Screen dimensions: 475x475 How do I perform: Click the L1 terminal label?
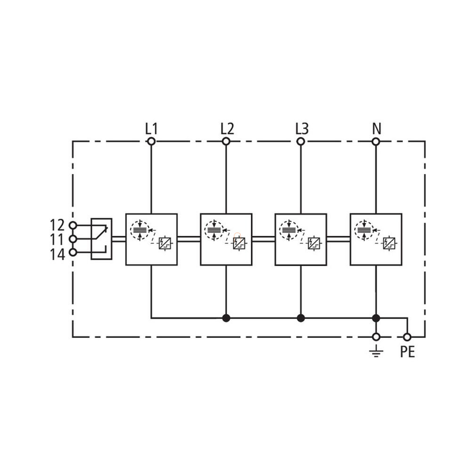click(151, 129)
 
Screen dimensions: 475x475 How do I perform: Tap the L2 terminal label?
click(227, 129)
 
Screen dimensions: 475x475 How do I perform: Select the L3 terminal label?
click(301, 129)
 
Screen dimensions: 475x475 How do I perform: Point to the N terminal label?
click(376, 129)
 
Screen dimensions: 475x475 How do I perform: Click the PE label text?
click(407, 352)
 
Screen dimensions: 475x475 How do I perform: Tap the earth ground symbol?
click(376, 351)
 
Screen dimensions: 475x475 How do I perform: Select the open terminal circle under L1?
click(151, 142)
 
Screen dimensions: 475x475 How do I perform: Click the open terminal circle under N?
click(376, 142)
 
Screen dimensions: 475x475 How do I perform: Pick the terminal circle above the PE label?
click(407, 337)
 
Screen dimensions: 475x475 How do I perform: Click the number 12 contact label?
click(58, 225)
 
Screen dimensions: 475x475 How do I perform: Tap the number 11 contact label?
click(58, 240)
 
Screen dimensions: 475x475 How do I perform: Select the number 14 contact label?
click(58, 254)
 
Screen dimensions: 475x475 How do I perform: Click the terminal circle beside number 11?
click(73, 239)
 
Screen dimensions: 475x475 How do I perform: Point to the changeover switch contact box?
click(101, 239)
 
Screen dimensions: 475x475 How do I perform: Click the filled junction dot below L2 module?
click(226, 318)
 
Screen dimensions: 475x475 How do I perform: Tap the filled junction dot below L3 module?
click(301, 318)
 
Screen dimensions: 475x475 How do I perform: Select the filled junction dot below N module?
click(376, 318)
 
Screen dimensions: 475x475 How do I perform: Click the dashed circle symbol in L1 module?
click(139, 230)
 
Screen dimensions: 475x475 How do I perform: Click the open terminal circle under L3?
click(301, 142)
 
